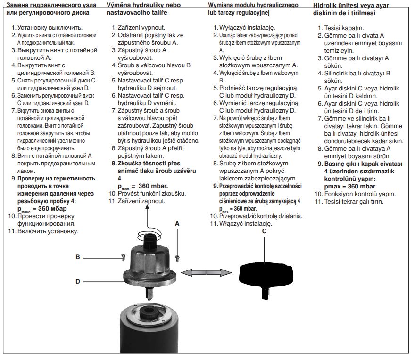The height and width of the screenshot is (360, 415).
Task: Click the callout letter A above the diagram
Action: (177, 224)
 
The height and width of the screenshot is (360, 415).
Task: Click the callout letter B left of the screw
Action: (78, 257)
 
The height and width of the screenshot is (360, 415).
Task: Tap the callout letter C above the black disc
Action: (264, 231)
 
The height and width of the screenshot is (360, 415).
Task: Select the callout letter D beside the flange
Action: (78, 281)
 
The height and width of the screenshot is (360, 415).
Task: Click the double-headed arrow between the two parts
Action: (206, 273)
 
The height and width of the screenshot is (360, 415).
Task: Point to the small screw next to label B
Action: (124, 257)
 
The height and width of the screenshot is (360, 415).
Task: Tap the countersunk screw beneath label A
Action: (177, 258)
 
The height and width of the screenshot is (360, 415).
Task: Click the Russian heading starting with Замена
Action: (51, 9)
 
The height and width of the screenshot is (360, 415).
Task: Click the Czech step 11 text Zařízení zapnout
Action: (141, 201)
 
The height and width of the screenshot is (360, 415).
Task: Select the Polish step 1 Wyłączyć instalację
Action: (247, 27)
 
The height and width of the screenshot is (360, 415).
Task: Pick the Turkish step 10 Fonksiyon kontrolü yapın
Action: (360, 194)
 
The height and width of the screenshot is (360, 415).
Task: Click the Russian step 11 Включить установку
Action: (48, 231)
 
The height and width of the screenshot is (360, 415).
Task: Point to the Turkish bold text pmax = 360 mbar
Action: (350, 187)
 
